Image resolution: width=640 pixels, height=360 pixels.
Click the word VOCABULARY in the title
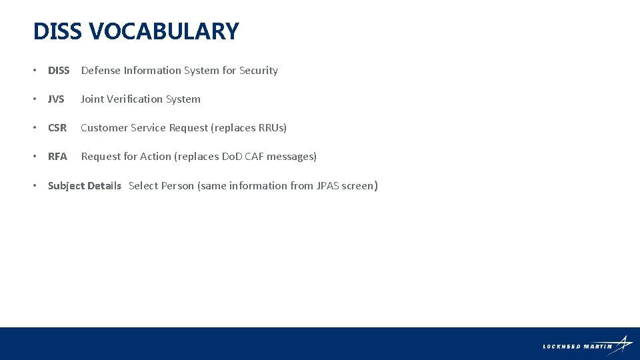pos(163,31)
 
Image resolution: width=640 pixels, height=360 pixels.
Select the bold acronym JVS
pos(56,99)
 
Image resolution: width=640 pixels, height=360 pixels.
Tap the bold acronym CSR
pos(57,128)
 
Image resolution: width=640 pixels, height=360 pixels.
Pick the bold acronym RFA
pos(57,157)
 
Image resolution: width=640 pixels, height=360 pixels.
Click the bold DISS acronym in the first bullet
pos(59,71)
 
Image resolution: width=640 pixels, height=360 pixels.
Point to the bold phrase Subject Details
pos(85,186)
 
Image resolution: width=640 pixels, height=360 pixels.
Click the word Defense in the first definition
pos(101,71)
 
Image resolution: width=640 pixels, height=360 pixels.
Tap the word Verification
pos(135,99)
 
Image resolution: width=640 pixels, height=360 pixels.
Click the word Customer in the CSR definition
pos(104,128)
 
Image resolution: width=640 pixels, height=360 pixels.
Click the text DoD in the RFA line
pos(232,157)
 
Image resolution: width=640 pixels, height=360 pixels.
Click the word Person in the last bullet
pos(178,186)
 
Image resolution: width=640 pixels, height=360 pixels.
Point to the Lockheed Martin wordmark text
pos(577,347)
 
